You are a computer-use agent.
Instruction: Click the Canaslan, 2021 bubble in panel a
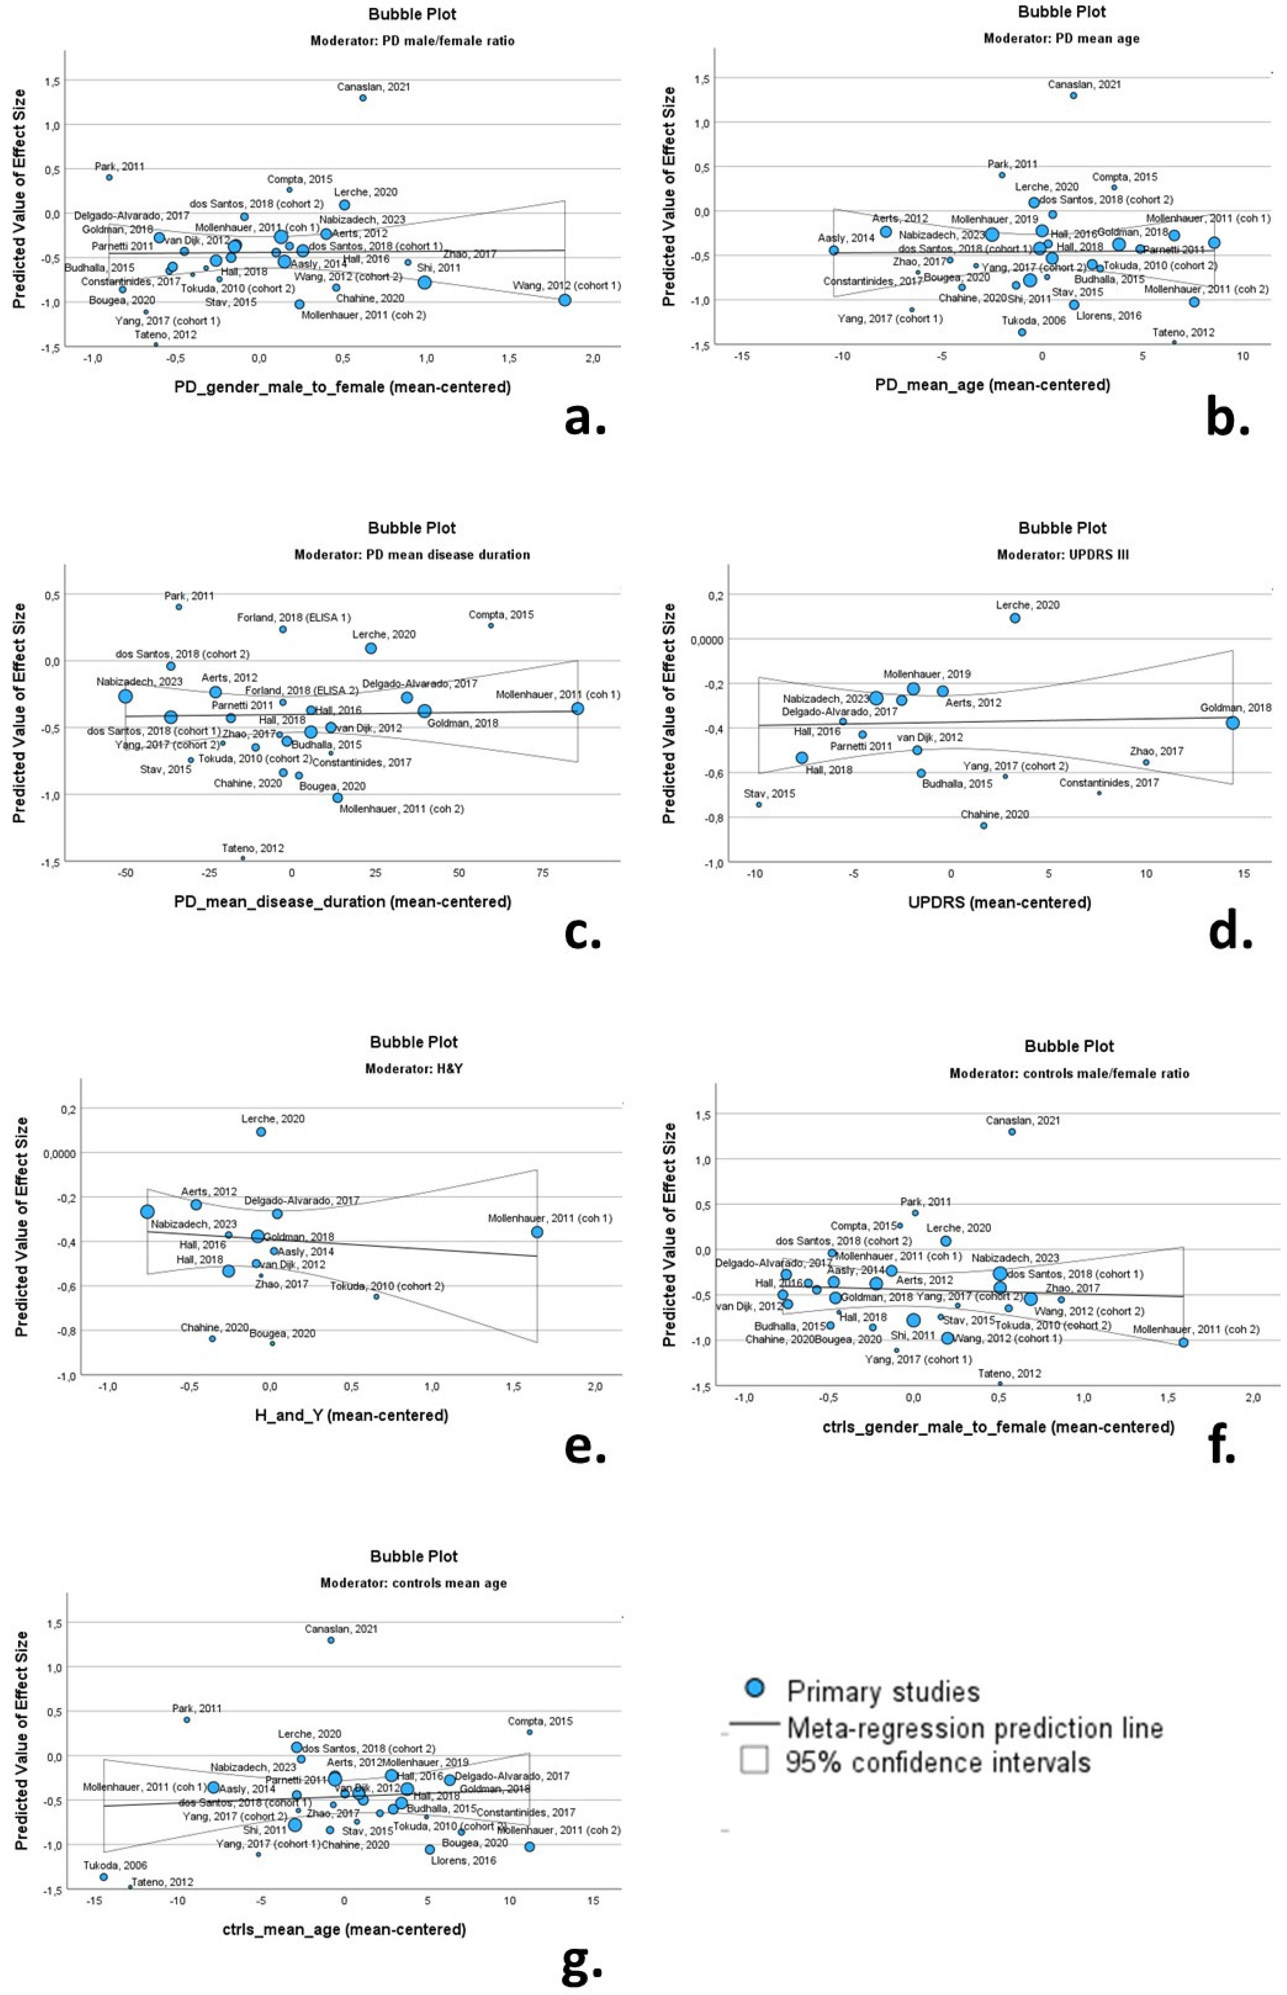(363, 98)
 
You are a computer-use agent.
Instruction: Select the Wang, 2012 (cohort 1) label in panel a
(567, 286)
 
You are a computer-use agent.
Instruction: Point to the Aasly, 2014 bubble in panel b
(833, 250)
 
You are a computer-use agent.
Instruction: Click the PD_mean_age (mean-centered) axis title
(992, 385)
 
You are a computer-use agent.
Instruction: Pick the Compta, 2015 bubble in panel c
(491, 625)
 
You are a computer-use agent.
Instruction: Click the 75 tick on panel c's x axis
(543, 872)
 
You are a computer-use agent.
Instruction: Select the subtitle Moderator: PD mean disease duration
(412, 554)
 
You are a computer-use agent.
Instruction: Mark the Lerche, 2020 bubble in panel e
(261, 1132)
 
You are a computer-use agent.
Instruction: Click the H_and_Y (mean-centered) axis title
(351, 1415)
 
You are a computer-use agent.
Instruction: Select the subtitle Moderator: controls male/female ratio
(1069, 1073)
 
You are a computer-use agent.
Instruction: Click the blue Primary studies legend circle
(755, 1687)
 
